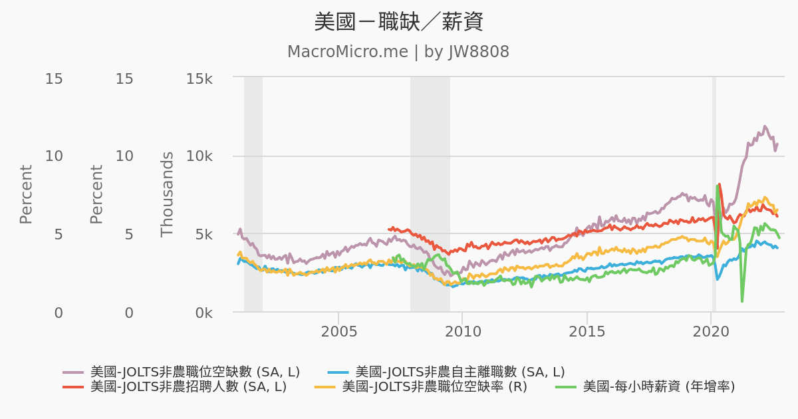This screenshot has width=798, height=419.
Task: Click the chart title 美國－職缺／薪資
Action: pos(398,22)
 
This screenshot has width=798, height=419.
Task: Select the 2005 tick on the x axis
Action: pos(338,331)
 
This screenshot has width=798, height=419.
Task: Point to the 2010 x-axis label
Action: pos(462,331)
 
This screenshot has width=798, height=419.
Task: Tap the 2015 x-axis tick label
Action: pos(587,331)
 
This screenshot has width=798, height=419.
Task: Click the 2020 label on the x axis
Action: pos(711,331)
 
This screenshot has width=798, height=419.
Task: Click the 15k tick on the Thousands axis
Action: pos(199,78)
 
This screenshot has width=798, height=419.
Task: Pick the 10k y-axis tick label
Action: pos(199,156)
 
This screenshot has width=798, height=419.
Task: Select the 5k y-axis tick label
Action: pos(202,234)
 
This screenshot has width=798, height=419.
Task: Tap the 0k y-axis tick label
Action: pos(202,313)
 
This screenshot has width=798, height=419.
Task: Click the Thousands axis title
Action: pos(167,194)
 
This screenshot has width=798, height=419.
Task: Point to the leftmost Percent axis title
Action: pos(26,194)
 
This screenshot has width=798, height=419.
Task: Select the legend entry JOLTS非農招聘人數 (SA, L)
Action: pos(188,386)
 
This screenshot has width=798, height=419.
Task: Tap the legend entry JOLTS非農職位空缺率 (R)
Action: pos(434,386)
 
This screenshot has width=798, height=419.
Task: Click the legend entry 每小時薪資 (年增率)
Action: pos(658,386)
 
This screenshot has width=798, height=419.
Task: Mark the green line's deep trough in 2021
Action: pos(742,301)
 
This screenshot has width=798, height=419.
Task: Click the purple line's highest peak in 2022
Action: pos(765,126)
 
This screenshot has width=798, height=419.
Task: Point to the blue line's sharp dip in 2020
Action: pos(718,279)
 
